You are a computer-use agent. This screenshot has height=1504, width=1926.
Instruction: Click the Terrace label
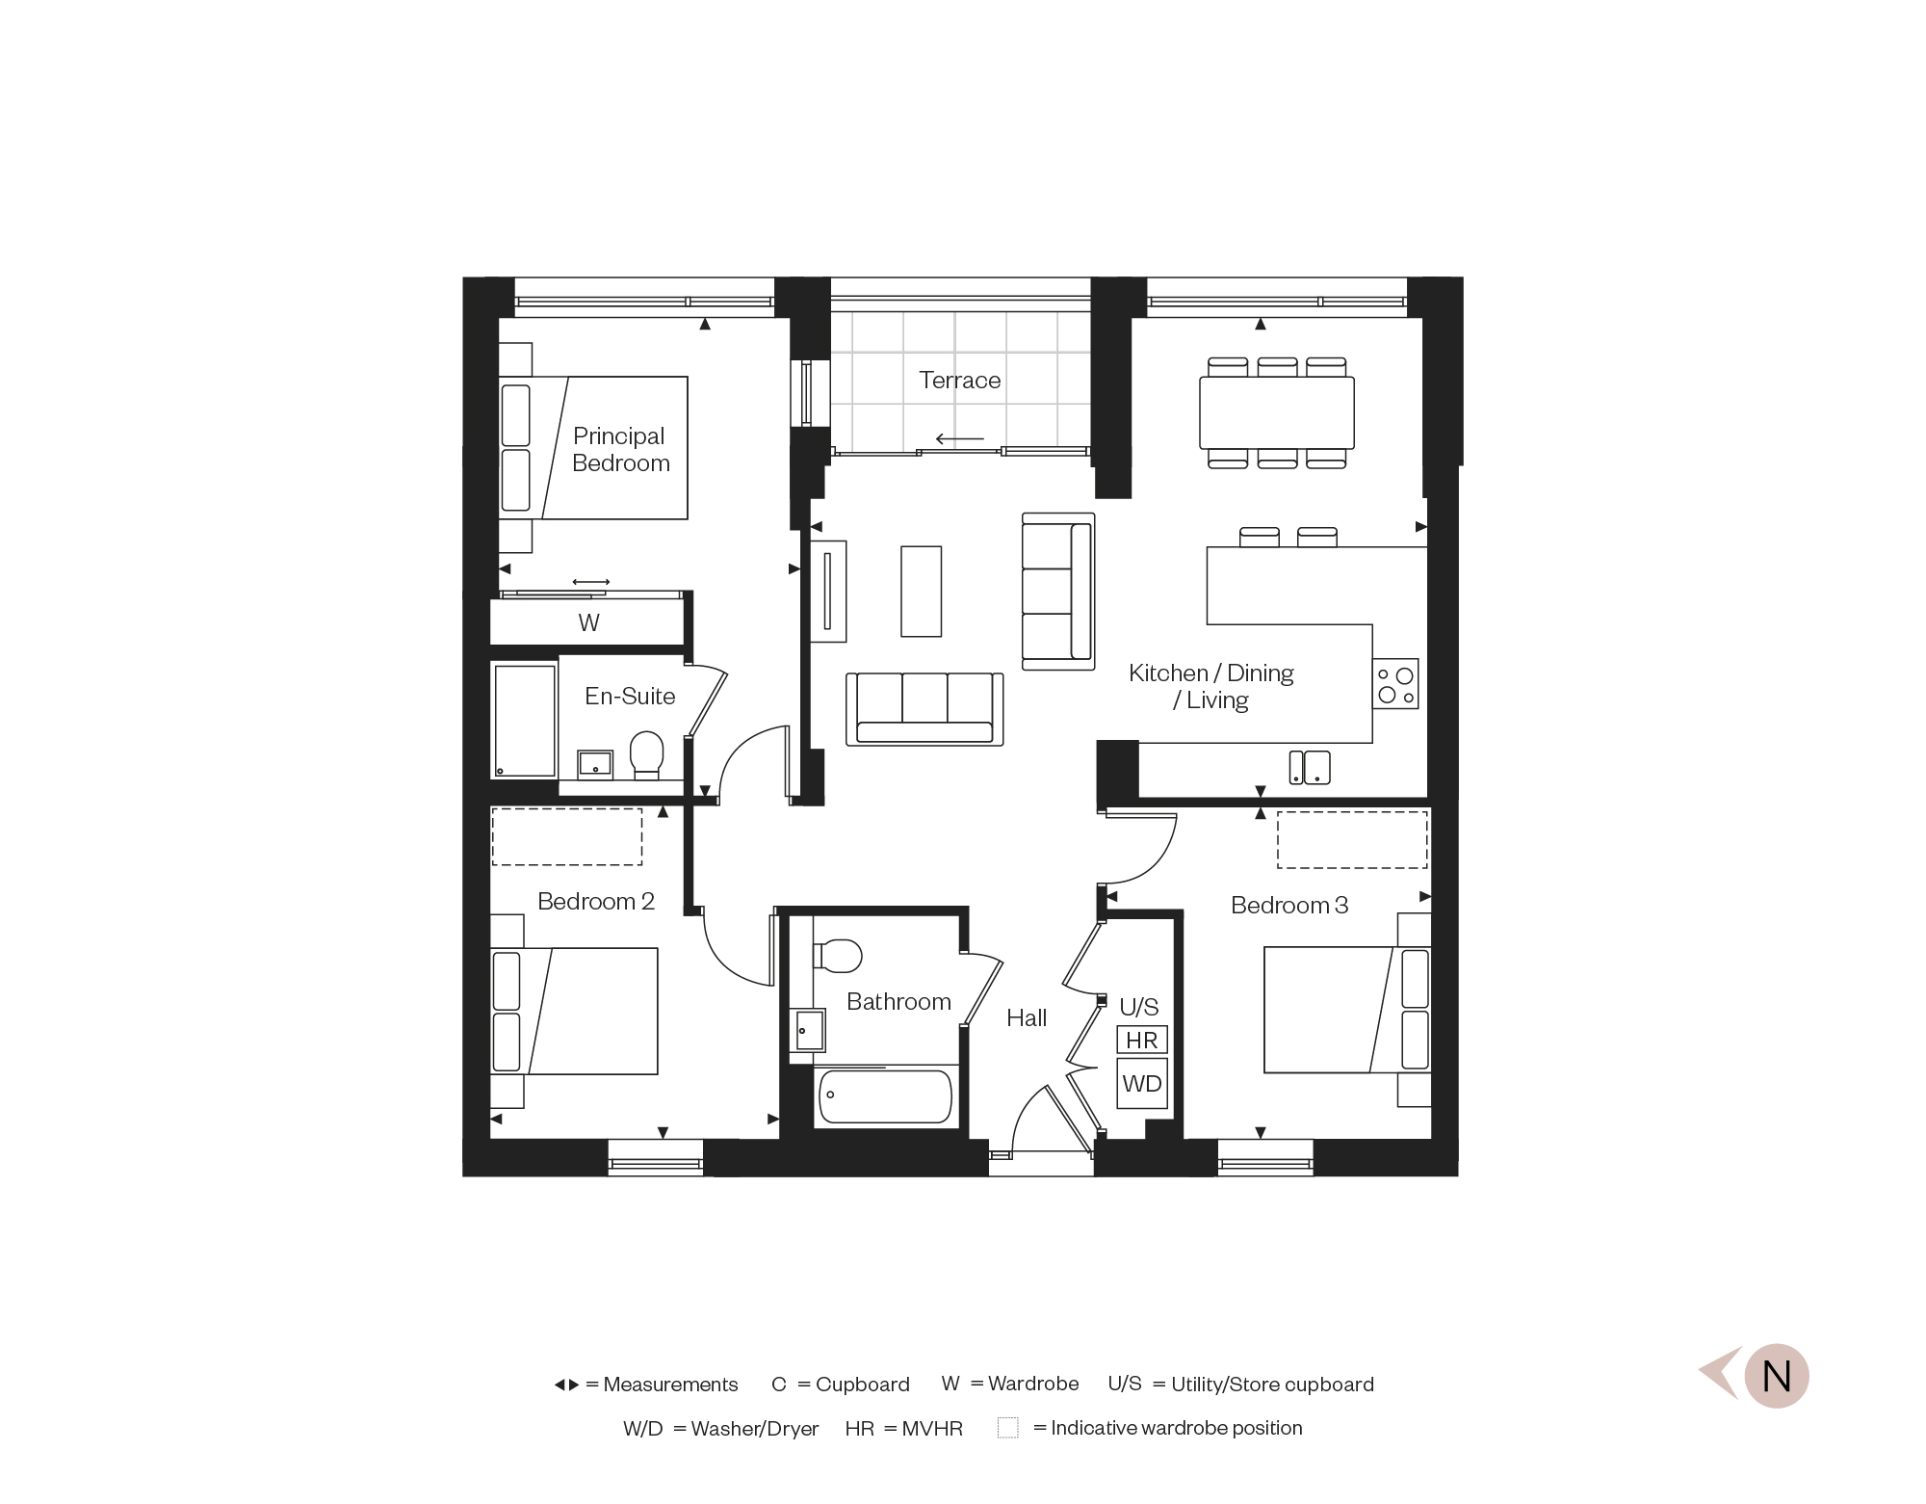point(959,381)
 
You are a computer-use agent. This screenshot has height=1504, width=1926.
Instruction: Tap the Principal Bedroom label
point(620,450)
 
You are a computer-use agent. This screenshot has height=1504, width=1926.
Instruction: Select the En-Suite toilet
point(646,755)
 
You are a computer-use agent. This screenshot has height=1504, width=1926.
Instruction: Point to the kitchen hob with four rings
point(1395,684)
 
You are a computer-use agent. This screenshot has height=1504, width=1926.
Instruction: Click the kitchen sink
point(1310,768)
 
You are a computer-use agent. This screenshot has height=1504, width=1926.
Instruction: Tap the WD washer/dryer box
point(1142,1084)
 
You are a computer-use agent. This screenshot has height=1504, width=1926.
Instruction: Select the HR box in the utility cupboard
point(1142,1040)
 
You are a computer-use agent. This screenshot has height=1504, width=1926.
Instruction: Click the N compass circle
point(1777,1376)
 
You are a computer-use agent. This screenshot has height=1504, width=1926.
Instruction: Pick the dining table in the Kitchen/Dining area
point(1277,412)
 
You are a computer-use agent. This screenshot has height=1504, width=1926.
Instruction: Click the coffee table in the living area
point(921,592)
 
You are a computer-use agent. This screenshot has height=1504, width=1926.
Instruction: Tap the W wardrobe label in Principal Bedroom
point(588,623)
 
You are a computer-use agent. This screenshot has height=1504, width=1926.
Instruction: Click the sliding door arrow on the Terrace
point(960,439)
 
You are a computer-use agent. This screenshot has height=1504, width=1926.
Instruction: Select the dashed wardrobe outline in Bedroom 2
point(567,837)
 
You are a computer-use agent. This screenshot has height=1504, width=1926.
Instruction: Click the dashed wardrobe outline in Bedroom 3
point(1352,839)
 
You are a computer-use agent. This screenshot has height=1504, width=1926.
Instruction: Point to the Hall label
point(1027,1018)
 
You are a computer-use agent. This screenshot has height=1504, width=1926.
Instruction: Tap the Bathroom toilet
point(837,956)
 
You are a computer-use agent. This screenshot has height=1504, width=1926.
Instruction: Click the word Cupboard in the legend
point(863,1385)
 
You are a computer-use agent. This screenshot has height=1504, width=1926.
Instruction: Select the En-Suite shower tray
point(525,719)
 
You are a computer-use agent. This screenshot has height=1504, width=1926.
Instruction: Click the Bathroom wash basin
point(808,1030)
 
